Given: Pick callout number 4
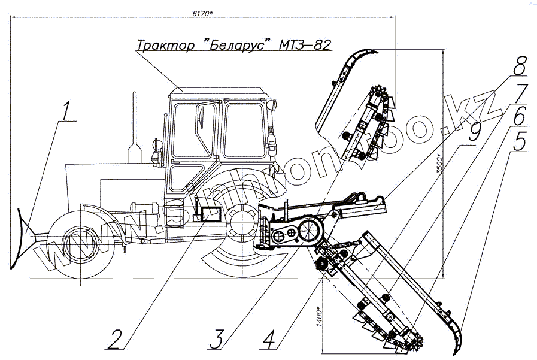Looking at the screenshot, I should pyautogui.click(x=270, y=338).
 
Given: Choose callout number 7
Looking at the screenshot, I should pyautogui.click(x=520, y=93).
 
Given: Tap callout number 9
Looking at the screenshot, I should pyautogui.click(x=474, y=133).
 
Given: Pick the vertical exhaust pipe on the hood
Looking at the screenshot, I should pyautogui.click(x=134, y=126).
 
